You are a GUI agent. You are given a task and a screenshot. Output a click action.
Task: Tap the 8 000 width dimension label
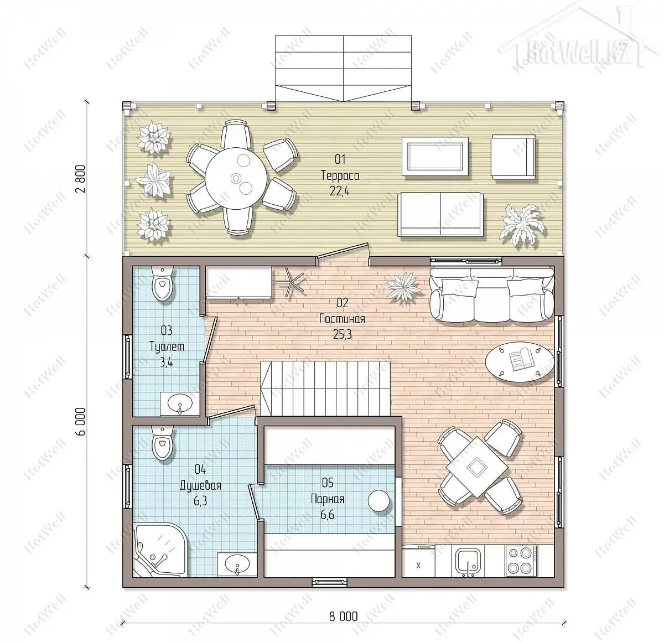click(344, 617)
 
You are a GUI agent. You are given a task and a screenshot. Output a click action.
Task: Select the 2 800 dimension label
click(81, 179)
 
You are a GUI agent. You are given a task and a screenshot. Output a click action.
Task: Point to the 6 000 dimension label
click(81, 422)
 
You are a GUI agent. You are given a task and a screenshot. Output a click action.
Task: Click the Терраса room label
click(340, 176)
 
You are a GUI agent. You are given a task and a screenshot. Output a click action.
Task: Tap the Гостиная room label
click(342, 319)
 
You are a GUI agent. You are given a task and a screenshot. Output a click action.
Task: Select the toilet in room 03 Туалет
click(163, 283)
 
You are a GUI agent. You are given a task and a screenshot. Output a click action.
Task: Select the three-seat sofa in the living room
click(492, 294)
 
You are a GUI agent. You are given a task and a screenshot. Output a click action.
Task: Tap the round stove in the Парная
click(378, 501)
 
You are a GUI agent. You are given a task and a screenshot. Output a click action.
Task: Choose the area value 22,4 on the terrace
click(340, 191)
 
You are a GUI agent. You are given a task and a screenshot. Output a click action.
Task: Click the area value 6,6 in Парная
click(327, 515)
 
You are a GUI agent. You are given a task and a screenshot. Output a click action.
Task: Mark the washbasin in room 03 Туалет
click(180, 403)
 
